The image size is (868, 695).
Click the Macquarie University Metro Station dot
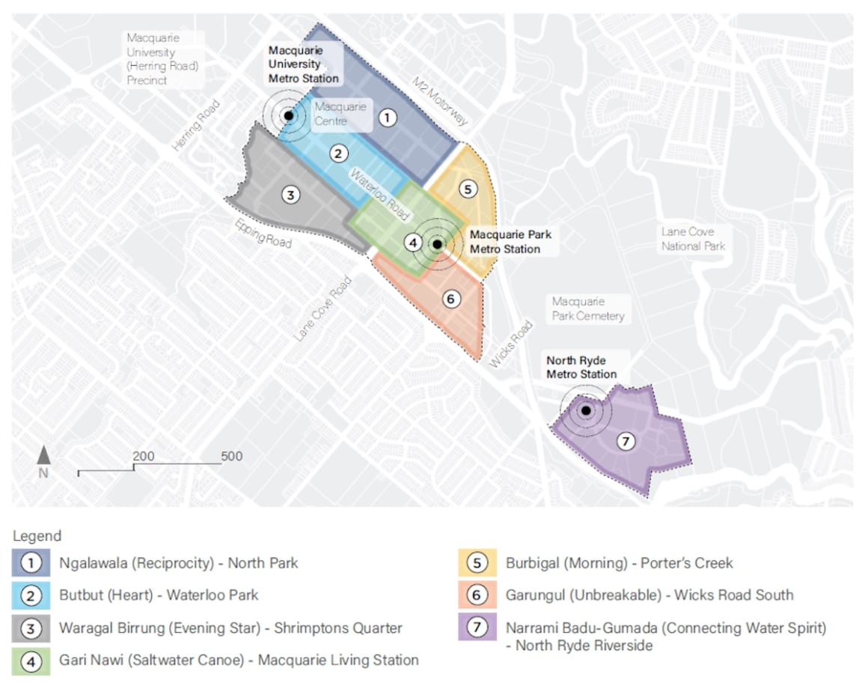288,115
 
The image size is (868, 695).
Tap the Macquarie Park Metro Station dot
437,243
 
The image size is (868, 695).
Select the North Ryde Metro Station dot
586,410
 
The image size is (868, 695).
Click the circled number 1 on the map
386,117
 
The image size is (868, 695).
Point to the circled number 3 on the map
290,195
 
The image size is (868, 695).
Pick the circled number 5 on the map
468,189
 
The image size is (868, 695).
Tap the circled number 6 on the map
450,299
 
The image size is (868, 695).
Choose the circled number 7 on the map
625,442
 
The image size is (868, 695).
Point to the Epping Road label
262,234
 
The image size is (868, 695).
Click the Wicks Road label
511,344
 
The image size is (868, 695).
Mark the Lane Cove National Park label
692,238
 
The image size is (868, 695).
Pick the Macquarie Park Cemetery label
587,309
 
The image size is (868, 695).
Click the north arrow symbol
43,455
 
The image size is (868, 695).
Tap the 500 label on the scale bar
231,456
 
